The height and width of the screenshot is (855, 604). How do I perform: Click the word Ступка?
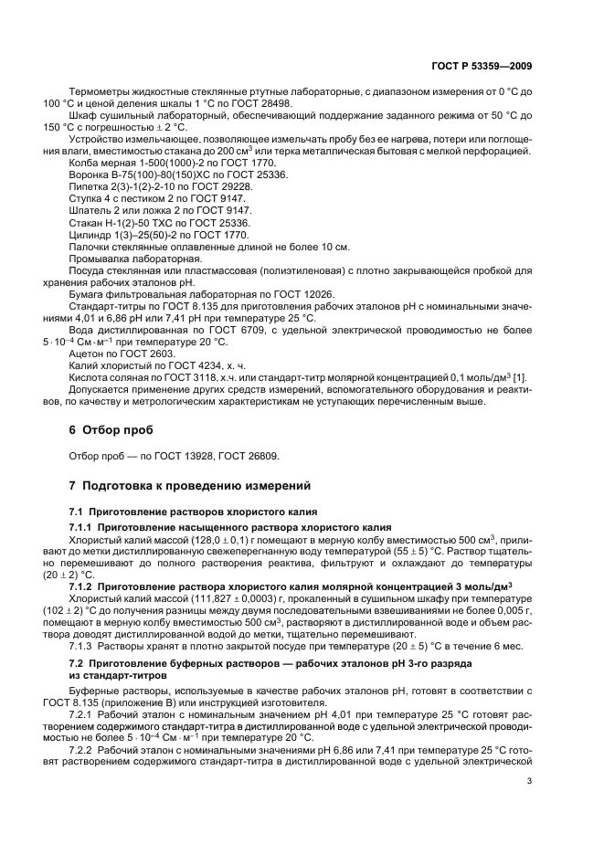[88, 197]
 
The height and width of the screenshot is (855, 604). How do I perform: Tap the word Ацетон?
[88, 353]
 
